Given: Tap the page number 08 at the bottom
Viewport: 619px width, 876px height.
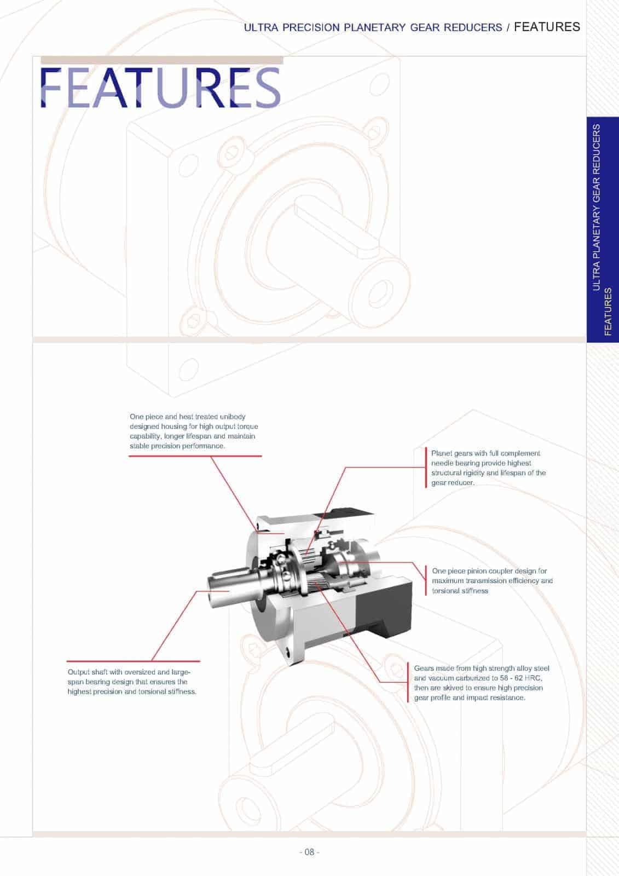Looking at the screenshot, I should coord(309,852).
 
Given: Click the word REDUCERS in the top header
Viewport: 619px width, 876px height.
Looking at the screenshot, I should coord(476,27).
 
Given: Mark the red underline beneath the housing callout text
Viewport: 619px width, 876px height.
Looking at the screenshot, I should coord(195,456).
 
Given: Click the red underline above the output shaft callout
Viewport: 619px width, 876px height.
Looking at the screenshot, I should coord(133,661).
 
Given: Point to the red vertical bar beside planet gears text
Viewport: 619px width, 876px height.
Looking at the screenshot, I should coord(426,468).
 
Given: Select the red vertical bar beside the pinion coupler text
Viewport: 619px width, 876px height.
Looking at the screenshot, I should coord(426,580).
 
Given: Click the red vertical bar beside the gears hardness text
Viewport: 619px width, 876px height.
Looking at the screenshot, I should coord(408,683).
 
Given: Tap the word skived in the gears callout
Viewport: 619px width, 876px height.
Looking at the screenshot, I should coord(452,688).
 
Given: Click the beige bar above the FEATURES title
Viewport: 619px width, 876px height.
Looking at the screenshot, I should coord(162,60).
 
